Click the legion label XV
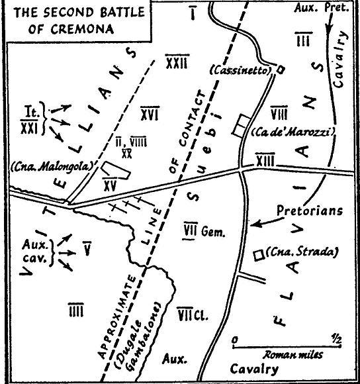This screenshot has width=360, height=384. click(111, 186)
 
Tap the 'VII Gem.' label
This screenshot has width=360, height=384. click(204, 232)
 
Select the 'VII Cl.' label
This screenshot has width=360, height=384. click(193, 314)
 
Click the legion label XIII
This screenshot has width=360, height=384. click(265, 160)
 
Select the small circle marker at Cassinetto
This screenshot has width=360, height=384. click(279, 68)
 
